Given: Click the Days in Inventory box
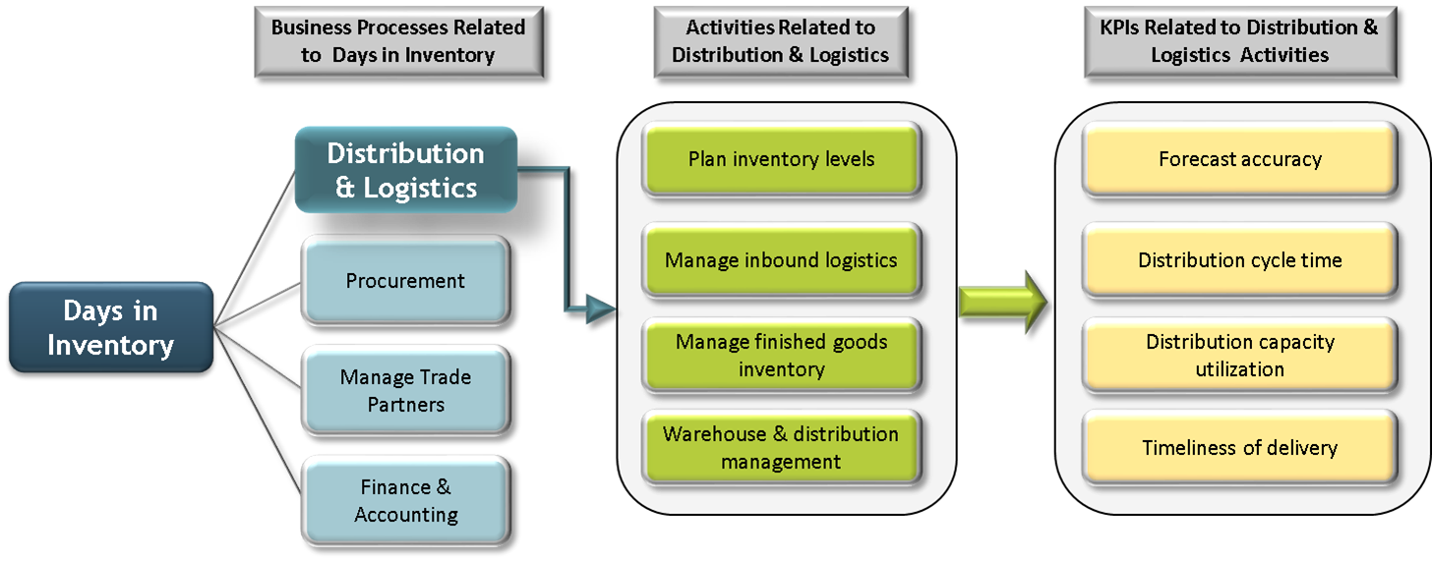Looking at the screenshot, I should click(110, 328).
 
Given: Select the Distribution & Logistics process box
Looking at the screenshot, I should click(405, 169).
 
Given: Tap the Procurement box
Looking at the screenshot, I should click(405, 281).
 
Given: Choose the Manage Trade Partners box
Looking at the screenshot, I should click(405, 390).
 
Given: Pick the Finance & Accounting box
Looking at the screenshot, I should click(405, 500).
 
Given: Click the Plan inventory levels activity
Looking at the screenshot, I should click(781, 159).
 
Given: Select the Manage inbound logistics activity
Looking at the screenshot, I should click(781, 260).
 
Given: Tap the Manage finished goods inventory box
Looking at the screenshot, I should click(781, 356).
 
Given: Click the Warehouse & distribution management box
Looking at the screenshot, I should click(781, 448).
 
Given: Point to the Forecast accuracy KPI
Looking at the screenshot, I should click(1239, 159).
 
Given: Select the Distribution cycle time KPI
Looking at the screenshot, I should click(1239, 260).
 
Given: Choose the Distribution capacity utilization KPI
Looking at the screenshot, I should click(1239, 356).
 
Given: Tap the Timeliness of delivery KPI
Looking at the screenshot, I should click(1239, 448).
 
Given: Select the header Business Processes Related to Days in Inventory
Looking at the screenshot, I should click(397, 41).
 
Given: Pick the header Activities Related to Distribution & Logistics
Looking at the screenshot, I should click(780, 41).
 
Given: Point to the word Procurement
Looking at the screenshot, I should click(405, 281).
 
